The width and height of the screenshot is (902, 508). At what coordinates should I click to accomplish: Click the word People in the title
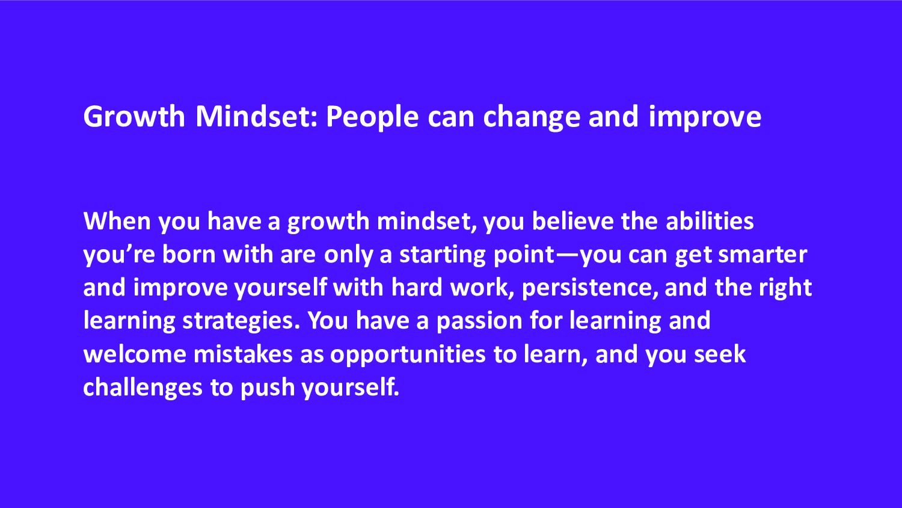(372, 117)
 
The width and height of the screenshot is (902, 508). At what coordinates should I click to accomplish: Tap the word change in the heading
(532, 117)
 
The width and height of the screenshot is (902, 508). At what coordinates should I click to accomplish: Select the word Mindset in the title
(257, 116)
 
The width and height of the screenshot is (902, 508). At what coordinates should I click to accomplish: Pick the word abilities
(710, 221)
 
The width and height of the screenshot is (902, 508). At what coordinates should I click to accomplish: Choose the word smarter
(762, 255)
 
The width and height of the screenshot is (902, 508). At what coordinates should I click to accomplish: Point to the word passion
(479, 321)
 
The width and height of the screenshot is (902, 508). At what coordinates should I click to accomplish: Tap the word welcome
(135, 354)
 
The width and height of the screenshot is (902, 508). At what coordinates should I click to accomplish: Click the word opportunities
(408, 355)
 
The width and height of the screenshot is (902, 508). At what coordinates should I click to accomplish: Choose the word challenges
(143, 388)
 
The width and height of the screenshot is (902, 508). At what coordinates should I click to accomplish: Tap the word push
(268, 388)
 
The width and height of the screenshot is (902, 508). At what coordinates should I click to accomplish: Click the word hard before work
(417, 287)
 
